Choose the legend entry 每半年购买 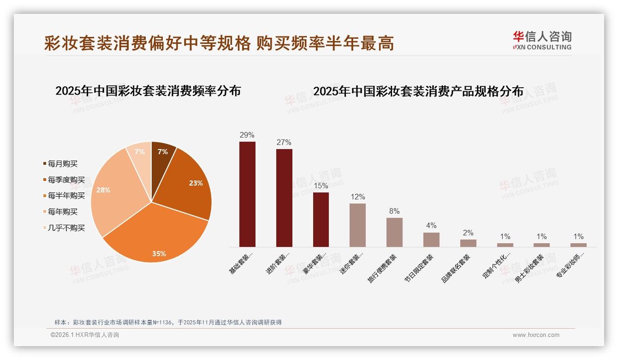(66, 196)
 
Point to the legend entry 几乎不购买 (66, 228)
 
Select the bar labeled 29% (247, 194)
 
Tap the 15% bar (321, 219)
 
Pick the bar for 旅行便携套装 (394, 232)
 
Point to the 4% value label (431, 226)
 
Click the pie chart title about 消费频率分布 (148, 91)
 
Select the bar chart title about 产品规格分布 (418, 91)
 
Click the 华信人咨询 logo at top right (542, 40)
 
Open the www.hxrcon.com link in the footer (536, 335)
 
